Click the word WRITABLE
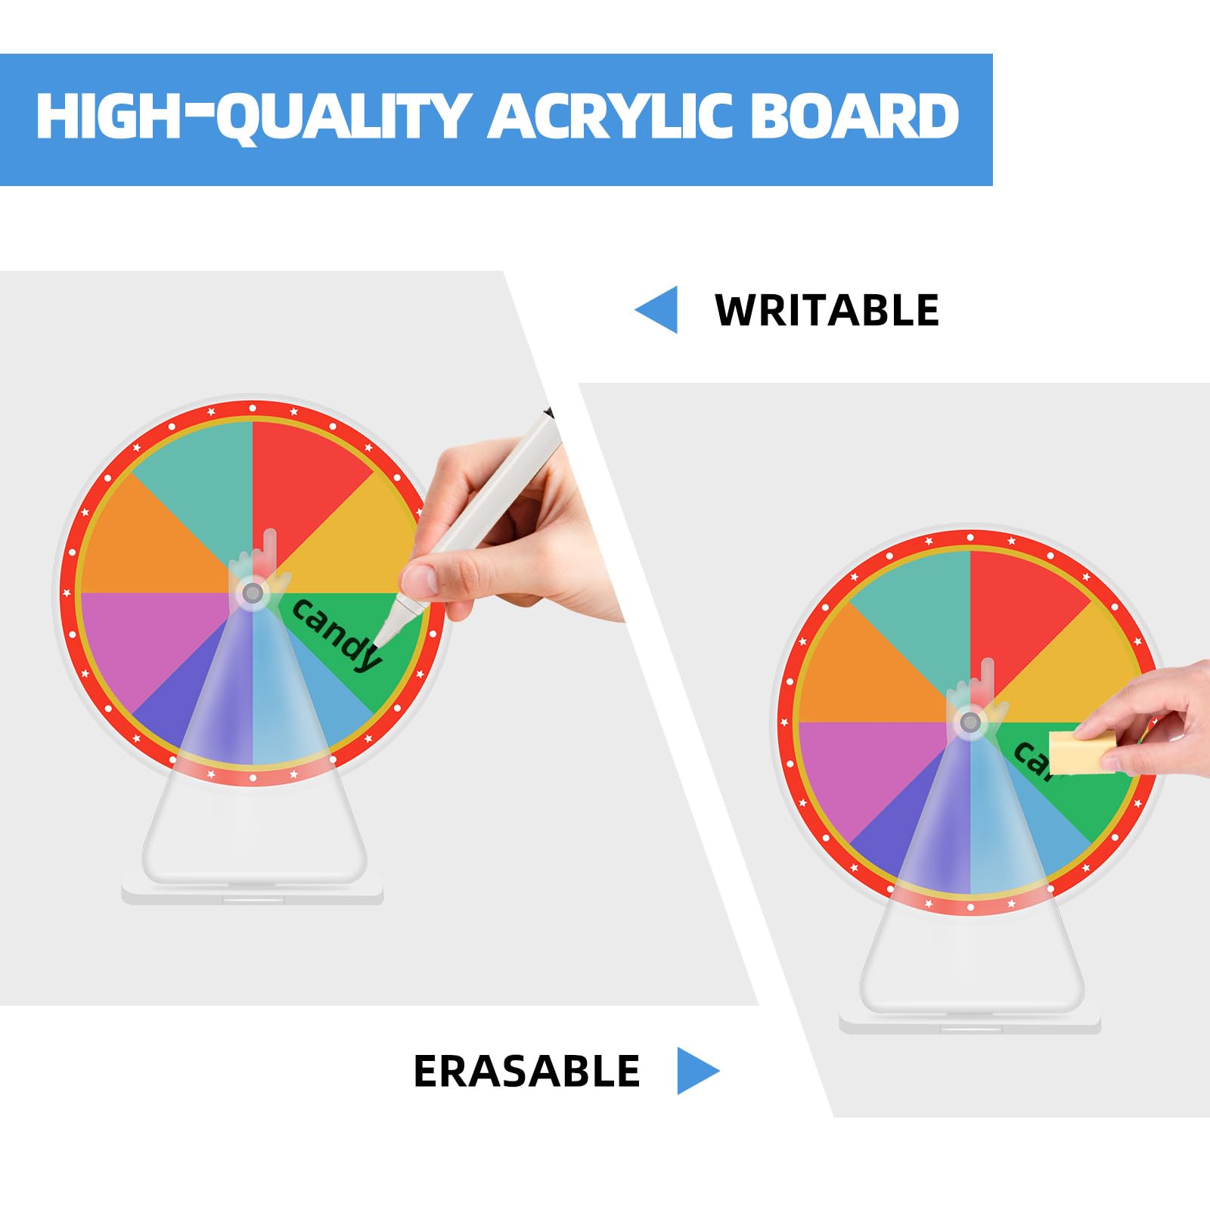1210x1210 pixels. coord(827,310)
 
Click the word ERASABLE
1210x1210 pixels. coord(526,1071)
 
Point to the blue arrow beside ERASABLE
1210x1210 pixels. coord(698,1070)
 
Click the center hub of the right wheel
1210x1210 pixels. coord(970,722)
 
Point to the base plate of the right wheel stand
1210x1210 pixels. coord(970,1022)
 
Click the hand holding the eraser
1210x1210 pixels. coord(1149,718)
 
